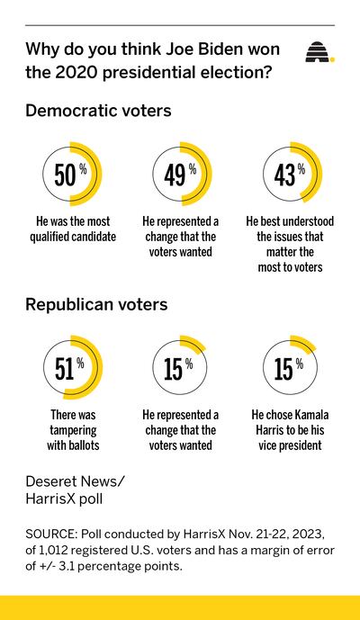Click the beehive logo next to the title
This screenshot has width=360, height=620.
[319, 52]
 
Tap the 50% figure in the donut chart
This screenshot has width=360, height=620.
[70, 175]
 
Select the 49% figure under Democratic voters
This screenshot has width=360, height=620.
[180, 175]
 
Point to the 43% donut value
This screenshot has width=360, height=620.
[290, 175]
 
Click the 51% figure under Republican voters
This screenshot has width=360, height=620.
[69, 368]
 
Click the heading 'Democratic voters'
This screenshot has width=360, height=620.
[98, 111]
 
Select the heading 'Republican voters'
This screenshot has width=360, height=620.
[96, 304]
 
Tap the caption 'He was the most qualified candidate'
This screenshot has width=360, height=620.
[73, 229]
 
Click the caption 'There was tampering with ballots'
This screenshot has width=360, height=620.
[73, 430]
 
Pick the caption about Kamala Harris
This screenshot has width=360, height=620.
[290, 430]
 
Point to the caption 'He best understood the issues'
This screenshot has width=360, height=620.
[290, 245]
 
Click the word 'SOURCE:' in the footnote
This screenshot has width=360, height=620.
[51, 535]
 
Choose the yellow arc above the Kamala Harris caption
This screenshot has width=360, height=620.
[306, 341]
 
